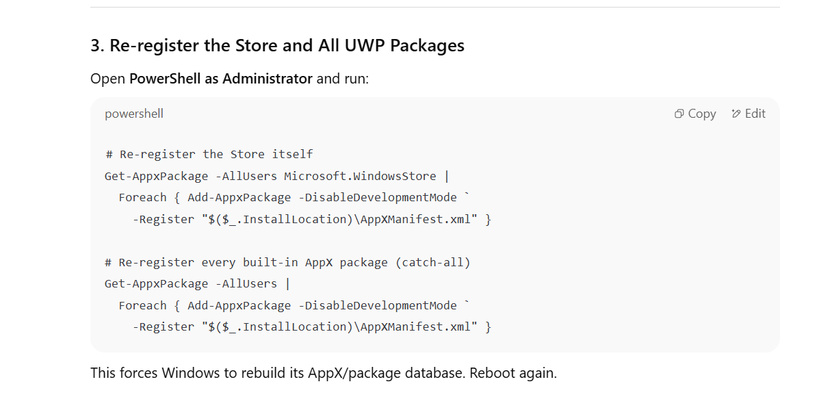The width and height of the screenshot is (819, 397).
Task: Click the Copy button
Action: click(694, 114)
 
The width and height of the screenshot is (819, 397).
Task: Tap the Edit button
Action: click(749, 114)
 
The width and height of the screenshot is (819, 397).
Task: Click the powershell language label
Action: click(133, 114)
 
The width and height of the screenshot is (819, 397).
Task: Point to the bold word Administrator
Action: click(268, 79)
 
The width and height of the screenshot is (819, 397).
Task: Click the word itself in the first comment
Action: click(293, 154)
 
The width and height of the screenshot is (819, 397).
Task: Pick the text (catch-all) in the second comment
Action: click(433, 262)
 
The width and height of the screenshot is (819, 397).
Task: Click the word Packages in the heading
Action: click(427, 46)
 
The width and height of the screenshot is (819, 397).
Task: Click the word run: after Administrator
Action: click(356, 79)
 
